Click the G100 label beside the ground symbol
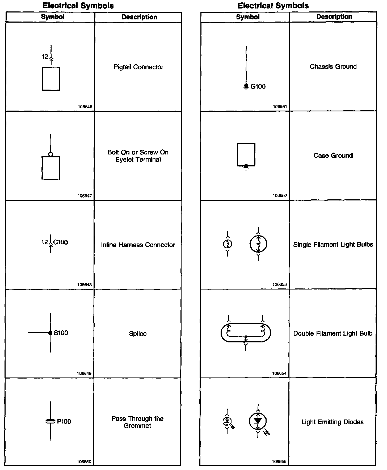pos(258,86)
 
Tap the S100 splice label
pos(61,333)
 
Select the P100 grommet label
pos(64,422)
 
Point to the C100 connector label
pos(61,242)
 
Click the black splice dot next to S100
pos(50,333)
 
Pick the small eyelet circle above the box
pos(51,154)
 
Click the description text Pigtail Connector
pos(138,67)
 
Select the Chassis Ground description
pos(333,67)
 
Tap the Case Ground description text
pos(333,156)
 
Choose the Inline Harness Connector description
pos(138,245)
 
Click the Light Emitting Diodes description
pos(332,422)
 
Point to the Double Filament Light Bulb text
pos(333,333)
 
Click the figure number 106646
pos(85,107)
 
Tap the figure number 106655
pos(279,461)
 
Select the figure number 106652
pos(280,195)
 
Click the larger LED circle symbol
pos(258,421)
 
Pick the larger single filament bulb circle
pos(258,244)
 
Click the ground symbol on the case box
pos(246,167)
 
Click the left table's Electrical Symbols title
pos(78,6)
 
